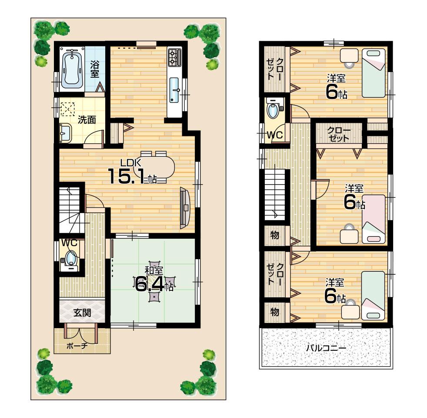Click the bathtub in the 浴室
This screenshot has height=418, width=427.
(x=70, y=68)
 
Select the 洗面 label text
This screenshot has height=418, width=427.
(x=87, y=120)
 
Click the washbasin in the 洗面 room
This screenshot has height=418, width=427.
(x=65, y=132)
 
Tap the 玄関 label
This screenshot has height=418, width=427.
(x=82, y=312)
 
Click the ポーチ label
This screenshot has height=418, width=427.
(x=77, y=346)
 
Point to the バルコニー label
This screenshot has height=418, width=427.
(x=326, y=348)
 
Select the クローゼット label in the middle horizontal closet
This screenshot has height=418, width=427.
(x=338, y=134)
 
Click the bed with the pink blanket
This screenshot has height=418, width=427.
(x=374, y=218)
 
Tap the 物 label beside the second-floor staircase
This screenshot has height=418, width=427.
(x=274, y=235)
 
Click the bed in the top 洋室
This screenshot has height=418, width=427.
(x=374, y=72)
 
